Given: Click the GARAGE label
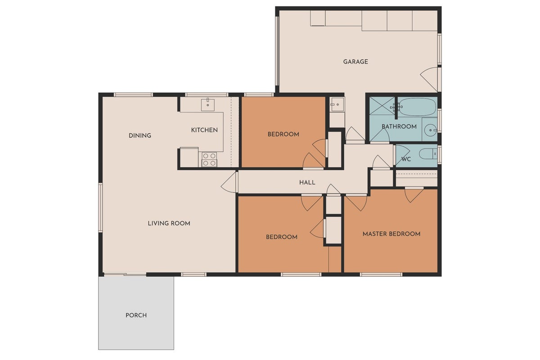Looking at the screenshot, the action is [355, 62].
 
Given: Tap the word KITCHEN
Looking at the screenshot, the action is [204, 130].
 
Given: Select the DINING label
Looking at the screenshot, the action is [140, 135].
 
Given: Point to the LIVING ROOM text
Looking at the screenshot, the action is [169, 223].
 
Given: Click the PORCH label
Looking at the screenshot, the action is [136, 315].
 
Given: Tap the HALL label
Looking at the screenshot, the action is [307, 183].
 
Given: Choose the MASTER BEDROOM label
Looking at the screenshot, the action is [391, 234].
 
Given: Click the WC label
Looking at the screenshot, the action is [406, 159].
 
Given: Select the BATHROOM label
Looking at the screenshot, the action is [399, 126].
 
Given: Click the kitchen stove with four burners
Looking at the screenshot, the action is [209, 160].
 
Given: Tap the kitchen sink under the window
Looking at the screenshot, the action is [208, 104].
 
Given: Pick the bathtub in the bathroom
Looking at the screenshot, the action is [417, 107].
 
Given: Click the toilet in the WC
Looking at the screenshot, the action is [428, 154].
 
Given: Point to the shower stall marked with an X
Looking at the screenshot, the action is [382, 106].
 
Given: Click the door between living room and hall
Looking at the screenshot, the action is [229, 182].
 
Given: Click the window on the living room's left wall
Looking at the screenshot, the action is [101, 207].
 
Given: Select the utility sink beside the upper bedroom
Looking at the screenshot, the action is [337, 105].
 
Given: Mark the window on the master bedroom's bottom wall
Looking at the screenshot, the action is [381, 274].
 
